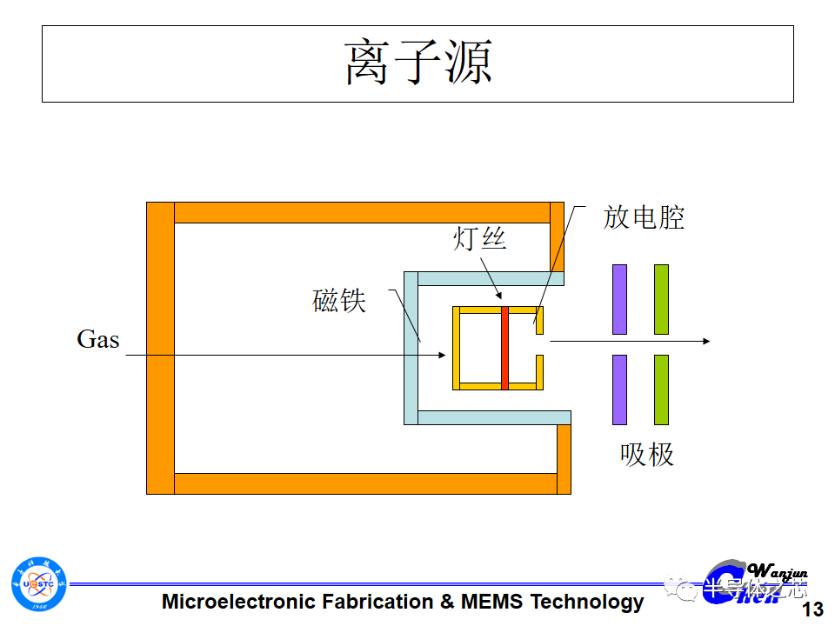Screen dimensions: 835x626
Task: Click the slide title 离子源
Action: [418, 63]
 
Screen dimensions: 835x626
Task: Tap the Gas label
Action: [97, 339]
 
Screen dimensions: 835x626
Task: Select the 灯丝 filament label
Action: [478, 237]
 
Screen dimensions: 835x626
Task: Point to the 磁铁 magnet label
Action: [339, 300]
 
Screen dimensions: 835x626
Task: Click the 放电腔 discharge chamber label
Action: [644, 217]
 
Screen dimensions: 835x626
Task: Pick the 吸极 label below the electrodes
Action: [646, 454]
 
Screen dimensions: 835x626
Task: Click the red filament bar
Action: [504, 348]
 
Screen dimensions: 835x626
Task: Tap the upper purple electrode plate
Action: [619, 299]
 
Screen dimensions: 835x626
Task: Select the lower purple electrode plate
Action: [619, 390]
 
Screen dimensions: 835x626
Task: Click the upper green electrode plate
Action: [661, 299]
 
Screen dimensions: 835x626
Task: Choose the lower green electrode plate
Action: [661, 390]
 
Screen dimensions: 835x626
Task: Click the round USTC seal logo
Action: [38, 583]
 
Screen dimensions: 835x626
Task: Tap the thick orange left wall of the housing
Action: [160, 348]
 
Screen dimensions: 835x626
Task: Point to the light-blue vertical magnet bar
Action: [411, 348]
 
